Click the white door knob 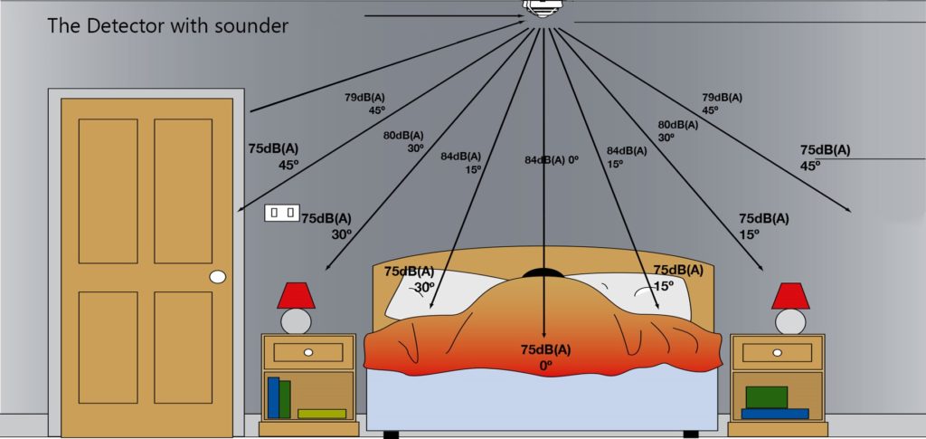[x=217, y=277]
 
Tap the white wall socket [x=282, y=213]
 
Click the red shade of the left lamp [x=296, y=295]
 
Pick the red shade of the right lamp [x=790, y=295]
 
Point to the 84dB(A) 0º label [x=551, y=160]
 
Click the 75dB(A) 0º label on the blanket [x=545, y=358]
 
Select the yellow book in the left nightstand [x=321, y=414]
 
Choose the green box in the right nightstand [x=766, y=396]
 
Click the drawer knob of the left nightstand [x=308, y=351]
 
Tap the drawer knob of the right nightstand [x=778, y=351]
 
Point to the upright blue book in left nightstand [x=273, y=396]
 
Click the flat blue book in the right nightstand [x=774, y=414]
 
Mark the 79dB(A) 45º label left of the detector [x=365, y=103]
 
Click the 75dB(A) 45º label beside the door [x=274, y=156]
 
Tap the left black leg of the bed [x=391, y=434]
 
